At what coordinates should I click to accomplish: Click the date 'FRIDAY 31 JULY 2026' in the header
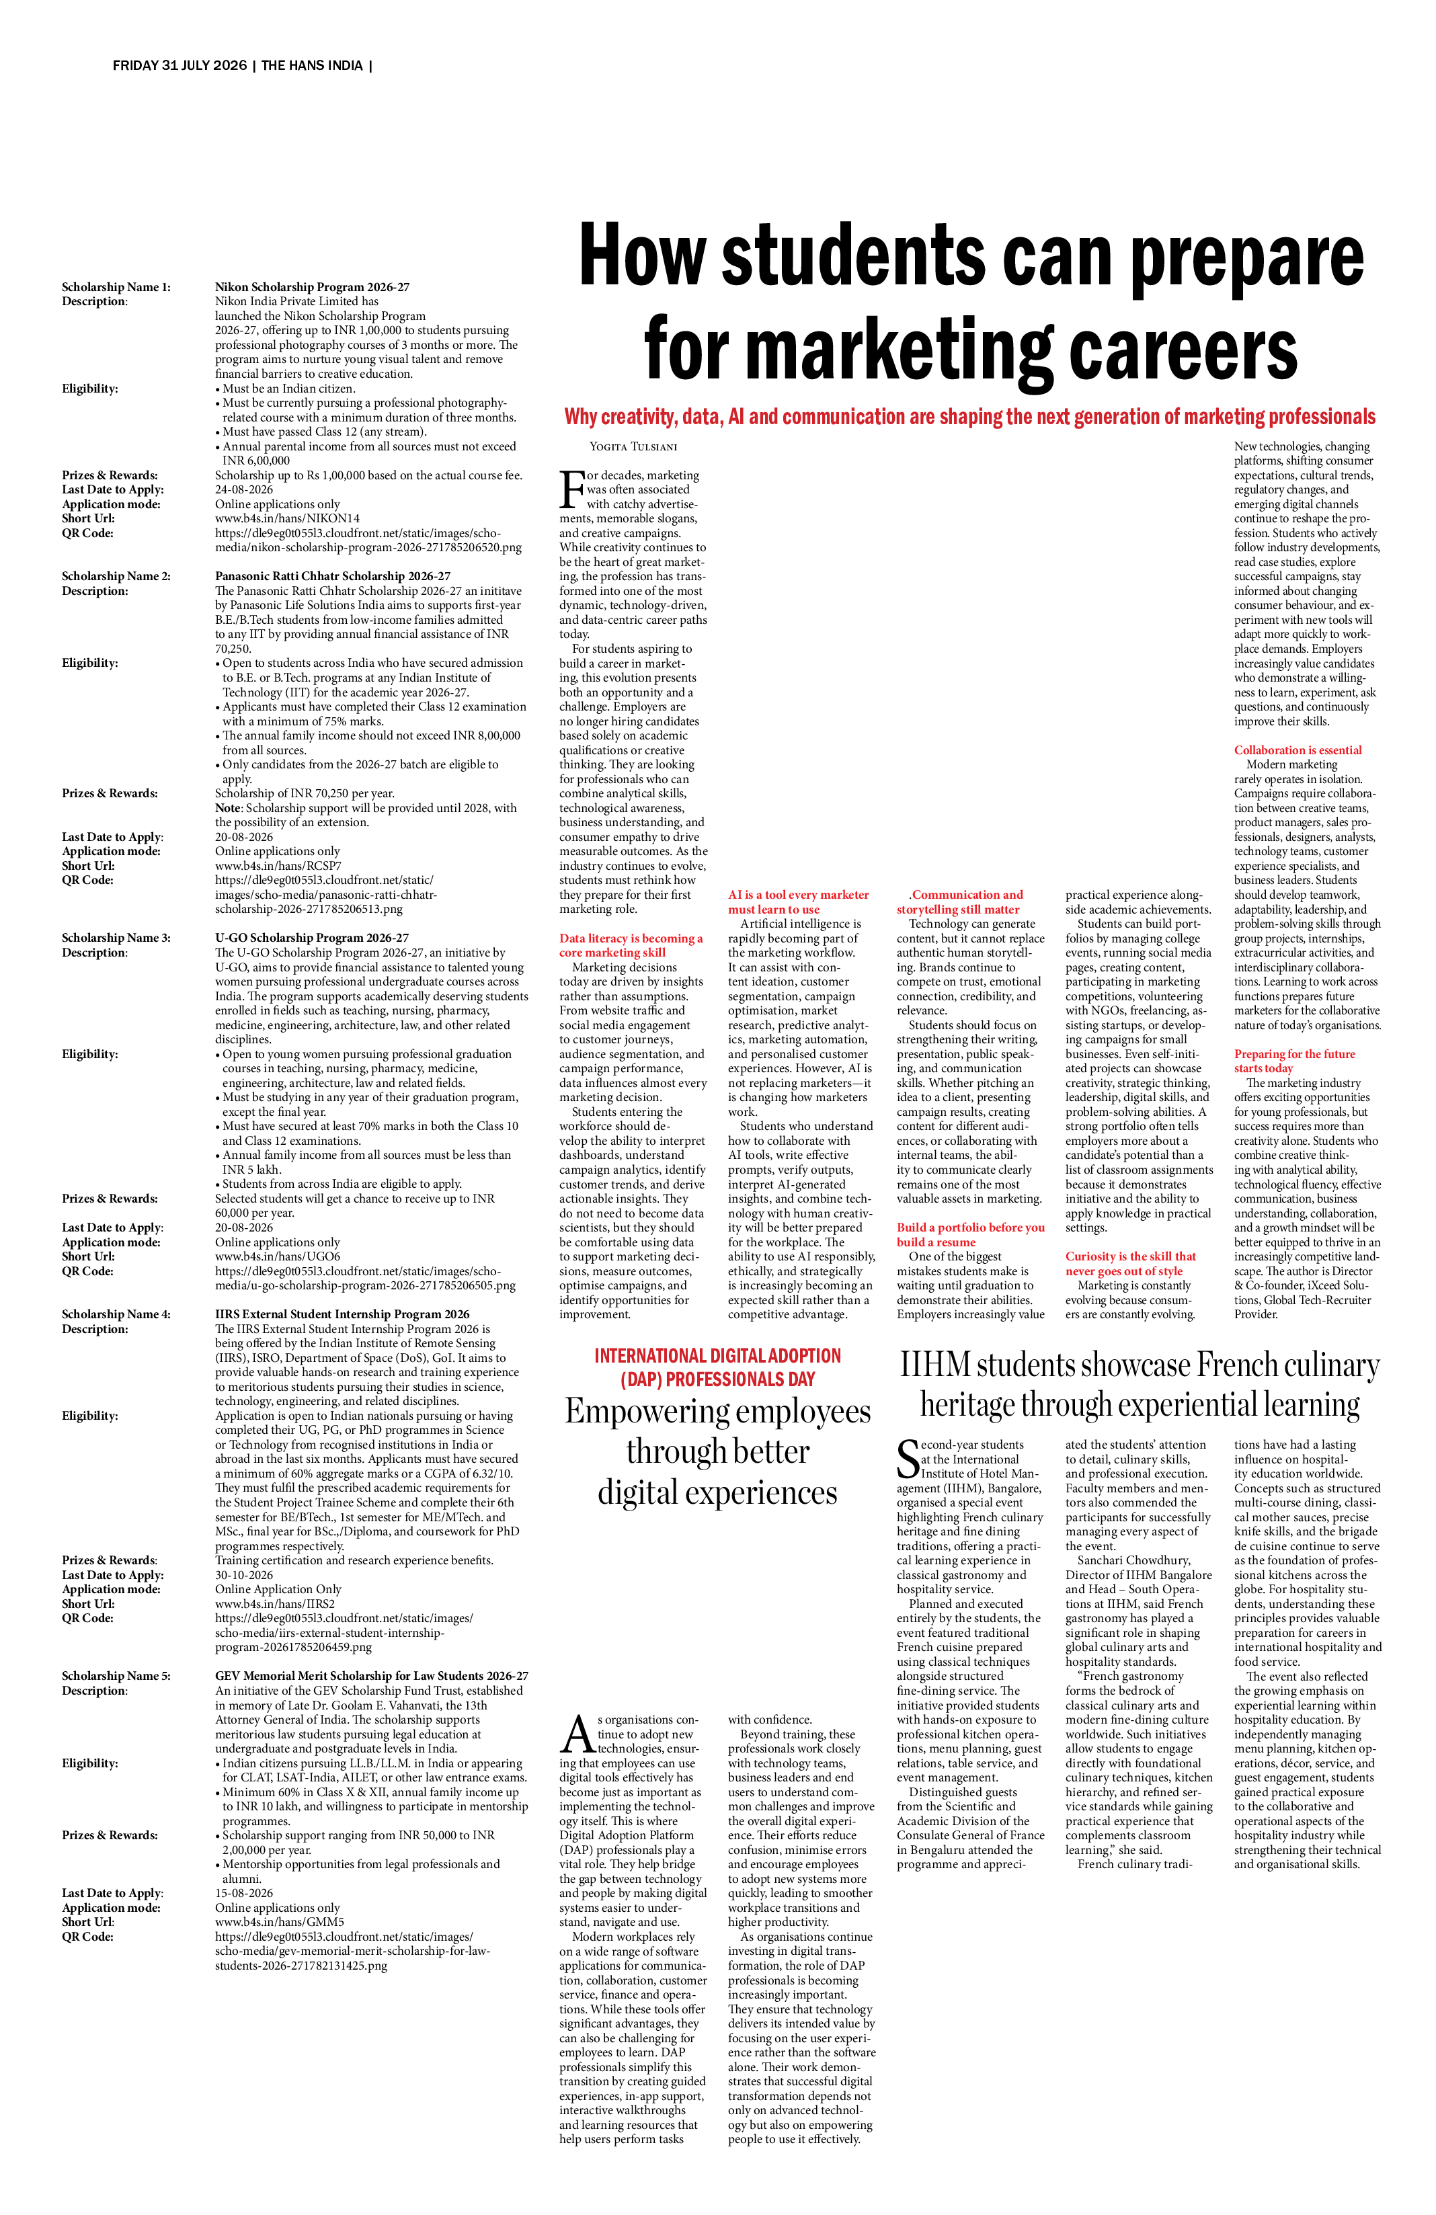coord(179,66)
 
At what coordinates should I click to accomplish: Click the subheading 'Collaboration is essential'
coord(1298,750)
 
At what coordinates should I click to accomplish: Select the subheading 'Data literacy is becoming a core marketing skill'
coord(631,946)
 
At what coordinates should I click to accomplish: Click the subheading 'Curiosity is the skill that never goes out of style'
coord(1131,1264)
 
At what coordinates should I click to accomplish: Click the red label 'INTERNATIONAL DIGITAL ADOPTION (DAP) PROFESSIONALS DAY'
coord(717,1367)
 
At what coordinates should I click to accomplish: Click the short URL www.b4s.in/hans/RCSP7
coord(278,867)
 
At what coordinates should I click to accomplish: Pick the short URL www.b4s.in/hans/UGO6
coord(278,1257)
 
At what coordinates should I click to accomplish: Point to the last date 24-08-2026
coord(244,489)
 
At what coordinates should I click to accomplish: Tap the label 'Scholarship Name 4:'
coord(116,1315)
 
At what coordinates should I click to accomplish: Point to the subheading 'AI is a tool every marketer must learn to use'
coord(799,902)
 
